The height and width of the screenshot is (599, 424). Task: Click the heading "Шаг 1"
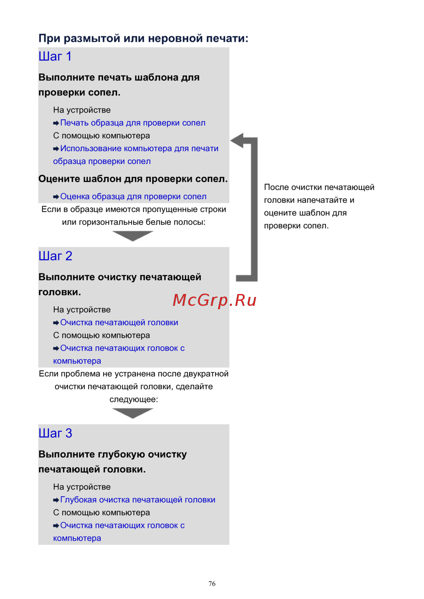pyautogui.click(x=55, y=56)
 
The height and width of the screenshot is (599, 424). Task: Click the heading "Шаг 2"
pyautogui.click(x=55, y=256)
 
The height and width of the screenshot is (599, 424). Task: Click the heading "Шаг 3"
pyautogui.click(x=55, y=433)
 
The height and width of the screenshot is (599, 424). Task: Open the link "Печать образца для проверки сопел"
pyautogui.click(x=133, y=123)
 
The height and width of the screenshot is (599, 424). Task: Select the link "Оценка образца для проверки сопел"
pyautogui.click(x=133, y=197)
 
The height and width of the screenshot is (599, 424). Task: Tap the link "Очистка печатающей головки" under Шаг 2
pyautogui.click(x=119, y=322)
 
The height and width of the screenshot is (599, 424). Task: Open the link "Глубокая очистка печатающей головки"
pyautogui.click(x=138, y=500)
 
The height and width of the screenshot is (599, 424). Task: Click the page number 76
pyautogui.click(x=212, y=584)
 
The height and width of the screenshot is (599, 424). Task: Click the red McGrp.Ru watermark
pyautogui.click(x=215, y=300)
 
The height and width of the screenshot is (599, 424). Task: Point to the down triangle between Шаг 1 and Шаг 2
pyautogui.click(x=133, y=236)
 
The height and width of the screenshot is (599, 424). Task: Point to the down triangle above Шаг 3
pyautogui.click(x=133, y=413)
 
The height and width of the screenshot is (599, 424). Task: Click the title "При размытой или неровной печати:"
pyautogui.click(x=143, y=39)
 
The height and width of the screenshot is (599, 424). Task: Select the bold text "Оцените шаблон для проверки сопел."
pyautogui.click(x=133, y=179)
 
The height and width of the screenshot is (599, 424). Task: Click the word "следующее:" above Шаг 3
pyautogui.click(x=134, y=399)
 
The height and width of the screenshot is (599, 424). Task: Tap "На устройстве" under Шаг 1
pyautogui.click(x=82, y=110)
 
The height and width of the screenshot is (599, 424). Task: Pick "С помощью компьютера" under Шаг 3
pyautogui.click(x=101, y=513)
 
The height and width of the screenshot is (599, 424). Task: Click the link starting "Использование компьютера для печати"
pyautogui.click(x=139, y=149)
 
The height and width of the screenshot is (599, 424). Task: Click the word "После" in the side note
pyautogui.click(x=276, y=187)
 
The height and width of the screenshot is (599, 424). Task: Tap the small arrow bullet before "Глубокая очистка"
pyautogui.click(x=56, y=500)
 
